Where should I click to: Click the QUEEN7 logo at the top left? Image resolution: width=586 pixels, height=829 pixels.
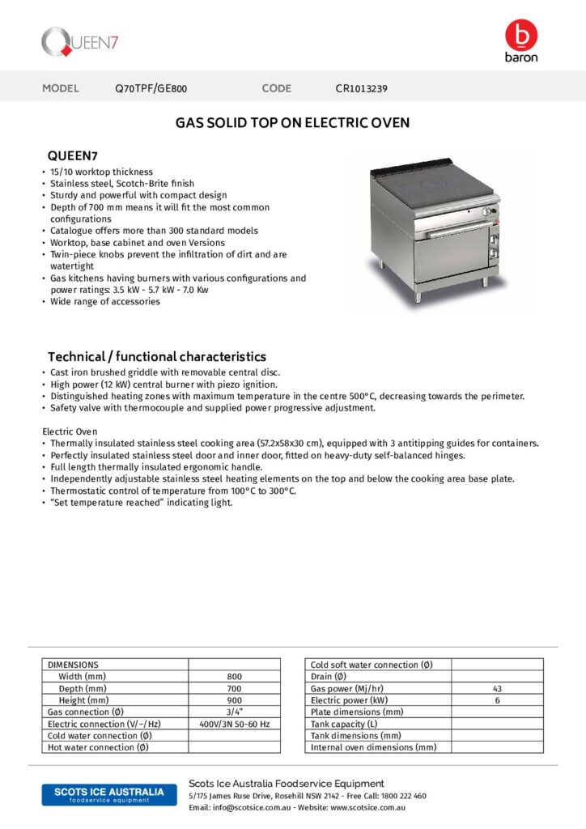80,41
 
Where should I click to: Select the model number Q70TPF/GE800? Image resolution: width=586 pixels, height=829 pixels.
151,89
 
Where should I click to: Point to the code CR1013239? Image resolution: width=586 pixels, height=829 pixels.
366,89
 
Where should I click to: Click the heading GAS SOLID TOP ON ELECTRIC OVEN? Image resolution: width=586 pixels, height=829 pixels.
293,123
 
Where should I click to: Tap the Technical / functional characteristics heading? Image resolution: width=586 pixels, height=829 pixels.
156,356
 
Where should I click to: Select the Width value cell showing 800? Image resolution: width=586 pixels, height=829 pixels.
234,677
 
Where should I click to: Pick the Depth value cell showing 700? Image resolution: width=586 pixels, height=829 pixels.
234,688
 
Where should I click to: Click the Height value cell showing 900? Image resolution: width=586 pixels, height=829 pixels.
234,700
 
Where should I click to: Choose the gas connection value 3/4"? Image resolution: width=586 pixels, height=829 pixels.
234,712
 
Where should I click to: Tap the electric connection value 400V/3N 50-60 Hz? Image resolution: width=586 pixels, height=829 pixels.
234,724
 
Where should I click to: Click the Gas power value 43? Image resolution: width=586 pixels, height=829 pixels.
497,688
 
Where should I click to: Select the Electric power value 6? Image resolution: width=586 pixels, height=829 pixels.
497,700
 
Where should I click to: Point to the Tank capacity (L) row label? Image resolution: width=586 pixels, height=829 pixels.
344,724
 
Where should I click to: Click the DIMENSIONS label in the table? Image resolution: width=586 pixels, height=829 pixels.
74,665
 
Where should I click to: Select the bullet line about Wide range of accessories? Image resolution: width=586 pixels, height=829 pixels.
105,302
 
